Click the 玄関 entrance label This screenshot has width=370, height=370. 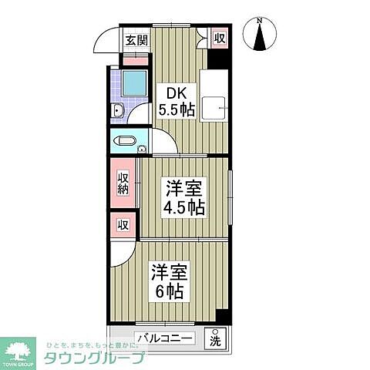136,40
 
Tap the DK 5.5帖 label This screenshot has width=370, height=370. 177,100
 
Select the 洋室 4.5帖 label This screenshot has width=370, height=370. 183,198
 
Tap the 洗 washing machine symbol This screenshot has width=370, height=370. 215,338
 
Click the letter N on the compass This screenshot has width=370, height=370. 260,21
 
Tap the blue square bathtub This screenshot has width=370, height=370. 135,82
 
